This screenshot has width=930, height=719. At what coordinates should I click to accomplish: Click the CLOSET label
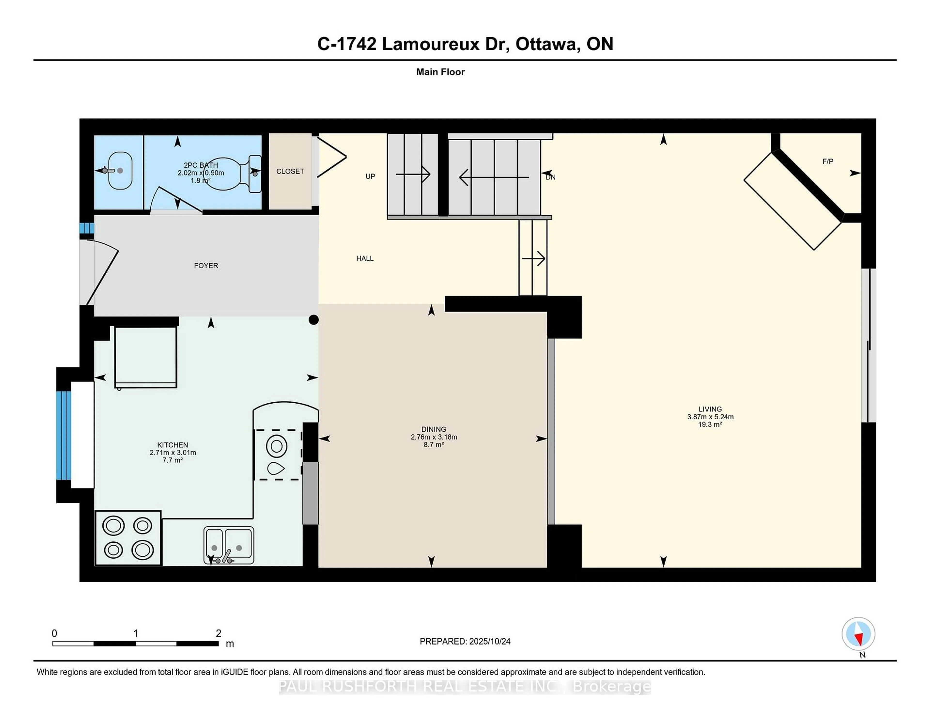[290, 171]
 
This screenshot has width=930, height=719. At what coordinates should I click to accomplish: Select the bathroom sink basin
[120, 170]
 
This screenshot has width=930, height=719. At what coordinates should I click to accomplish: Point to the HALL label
[364, 258]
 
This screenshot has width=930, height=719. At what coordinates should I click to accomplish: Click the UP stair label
[370, 176]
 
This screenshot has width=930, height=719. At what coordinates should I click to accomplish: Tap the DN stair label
[550, 177]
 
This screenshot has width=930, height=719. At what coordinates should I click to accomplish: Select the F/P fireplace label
[827, 161]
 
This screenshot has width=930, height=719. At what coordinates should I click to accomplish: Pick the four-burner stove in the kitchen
[128, 538]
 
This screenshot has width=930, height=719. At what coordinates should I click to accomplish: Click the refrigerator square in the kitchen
[146, 357]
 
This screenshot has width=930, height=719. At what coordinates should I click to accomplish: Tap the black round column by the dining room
[313, 320]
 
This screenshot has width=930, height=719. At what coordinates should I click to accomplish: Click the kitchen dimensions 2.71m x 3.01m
[172, 452]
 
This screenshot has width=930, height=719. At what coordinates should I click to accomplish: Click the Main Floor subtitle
[440, 72]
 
